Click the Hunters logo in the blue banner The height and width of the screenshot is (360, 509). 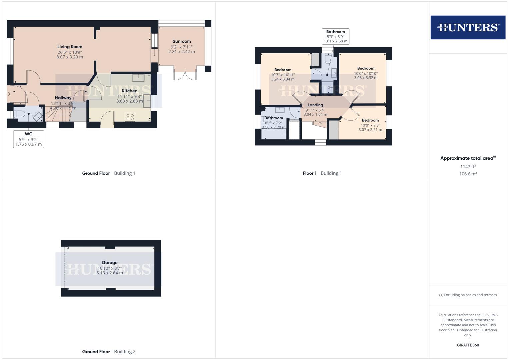click(x=468, y=27)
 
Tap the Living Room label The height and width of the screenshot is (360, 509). click(x=70, y=47)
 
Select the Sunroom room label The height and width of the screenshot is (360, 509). click(x=182, y=42)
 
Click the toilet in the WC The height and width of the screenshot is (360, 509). click(x=20, y=114)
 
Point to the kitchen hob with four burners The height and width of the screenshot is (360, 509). click(x=130, y=117)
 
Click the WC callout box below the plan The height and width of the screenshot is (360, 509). click(x=29, y=139)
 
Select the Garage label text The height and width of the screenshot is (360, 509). click(x=110, y=263)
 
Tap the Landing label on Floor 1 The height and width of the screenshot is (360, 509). click(x=315, y=105)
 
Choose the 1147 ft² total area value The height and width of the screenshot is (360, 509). click(x=468, y=167)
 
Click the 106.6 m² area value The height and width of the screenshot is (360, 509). click(x=468, y=174)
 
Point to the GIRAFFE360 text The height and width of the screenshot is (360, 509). click(x=468, y=345)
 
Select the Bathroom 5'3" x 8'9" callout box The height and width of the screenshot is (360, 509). click(x=335, y=37)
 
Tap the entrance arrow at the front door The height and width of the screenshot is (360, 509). click(x=8, y=94)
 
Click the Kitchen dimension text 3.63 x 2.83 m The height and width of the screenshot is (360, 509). click(x=129, y=101)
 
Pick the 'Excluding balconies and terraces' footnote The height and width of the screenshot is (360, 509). click(x=468, y=295)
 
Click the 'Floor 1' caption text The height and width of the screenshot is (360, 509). click(x=309, y=173)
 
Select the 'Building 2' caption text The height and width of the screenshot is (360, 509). click(x=125, y=352)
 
